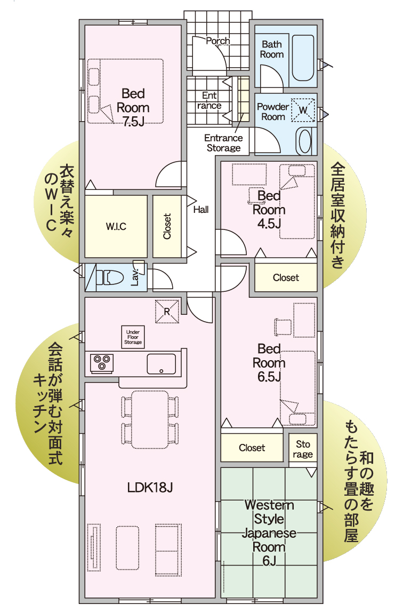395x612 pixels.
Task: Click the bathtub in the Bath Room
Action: pyautogui.click(x=303, y=58)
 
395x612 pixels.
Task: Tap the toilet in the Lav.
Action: pyautogui.click(x=109, y=277)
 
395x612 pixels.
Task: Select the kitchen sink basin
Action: pyautogui.click(x=161, y=364)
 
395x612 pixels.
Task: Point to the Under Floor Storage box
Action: pyautogui.click(x=133, y=337)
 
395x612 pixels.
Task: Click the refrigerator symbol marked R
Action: pyautogui.click(x=167, y=312)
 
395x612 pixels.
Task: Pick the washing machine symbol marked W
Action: pyautogui.click(x=303, y=110)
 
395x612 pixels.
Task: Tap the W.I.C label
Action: pyautogui.click(x=116, y=226)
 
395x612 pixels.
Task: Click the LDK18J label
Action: pyautogui.click(x=150, y=487)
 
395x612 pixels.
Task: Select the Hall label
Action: pyautogui.click(x=201, y=210)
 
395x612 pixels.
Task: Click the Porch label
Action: pyautogui.click(x=217, y=41)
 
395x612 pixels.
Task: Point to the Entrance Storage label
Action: pyautogui.click(x=223, y=143)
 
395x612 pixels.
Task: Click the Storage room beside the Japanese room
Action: pyautogui.click(x=303, y=449)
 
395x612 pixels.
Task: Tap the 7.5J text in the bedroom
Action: pyautogui.click(x=133, y=122)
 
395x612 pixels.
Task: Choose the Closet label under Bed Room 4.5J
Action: pyautogui.click(x=286, y=277)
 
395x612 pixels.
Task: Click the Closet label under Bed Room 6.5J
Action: pyautogui.click(x=252, y=448)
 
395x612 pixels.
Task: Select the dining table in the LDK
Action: pyautogui.click(x=150, y=419)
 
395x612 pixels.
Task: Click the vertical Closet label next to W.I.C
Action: pyautogui.click(x=167, y=226)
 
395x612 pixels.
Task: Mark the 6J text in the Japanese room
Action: pyautogui.click(x=269, y=561)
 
